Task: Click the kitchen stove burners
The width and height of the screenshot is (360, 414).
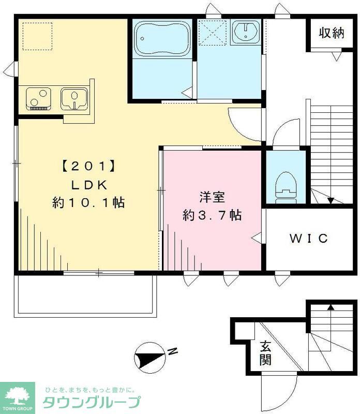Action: coord(39,98)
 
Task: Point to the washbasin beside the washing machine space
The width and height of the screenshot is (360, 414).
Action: coord(246,32)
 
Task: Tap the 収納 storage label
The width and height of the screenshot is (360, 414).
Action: coord(331,34)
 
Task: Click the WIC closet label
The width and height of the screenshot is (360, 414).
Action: coord(308,238)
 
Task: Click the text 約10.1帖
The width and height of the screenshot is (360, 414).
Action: coord(88,202)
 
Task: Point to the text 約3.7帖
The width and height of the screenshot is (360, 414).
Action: coord(213,215)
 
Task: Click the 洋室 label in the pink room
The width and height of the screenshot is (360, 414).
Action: coord(212,197)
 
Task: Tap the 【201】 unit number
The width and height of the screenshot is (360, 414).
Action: coord(88,167)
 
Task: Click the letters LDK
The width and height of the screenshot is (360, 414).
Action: coord(88,185)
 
